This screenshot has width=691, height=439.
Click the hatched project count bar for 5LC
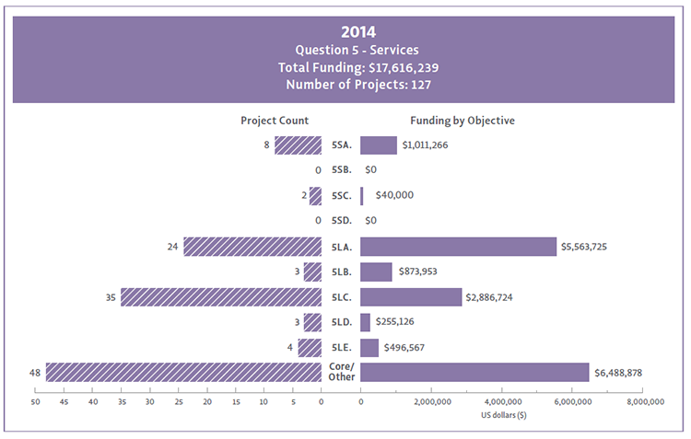coord(221,296)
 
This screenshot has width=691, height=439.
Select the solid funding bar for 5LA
coord(458,247)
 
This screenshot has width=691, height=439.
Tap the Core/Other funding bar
coord(474,372)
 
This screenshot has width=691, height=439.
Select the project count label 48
coord(36,372)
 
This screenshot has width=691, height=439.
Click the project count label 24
coord(172,247)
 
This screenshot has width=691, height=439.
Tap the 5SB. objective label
coord(341,170)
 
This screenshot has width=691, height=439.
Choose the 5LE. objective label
coord(341,347)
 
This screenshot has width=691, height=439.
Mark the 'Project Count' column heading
coord(275,121)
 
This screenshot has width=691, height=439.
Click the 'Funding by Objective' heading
coord(462,121)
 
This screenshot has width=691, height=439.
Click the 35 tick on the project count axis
coord(121,402)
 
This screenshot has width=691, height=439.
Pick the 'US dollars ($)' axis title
coord(504,416)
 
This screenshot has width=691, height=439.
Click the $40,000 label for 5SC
coord(394,196)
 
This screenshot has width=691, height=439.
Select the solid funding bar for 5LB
coord(376,271)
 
